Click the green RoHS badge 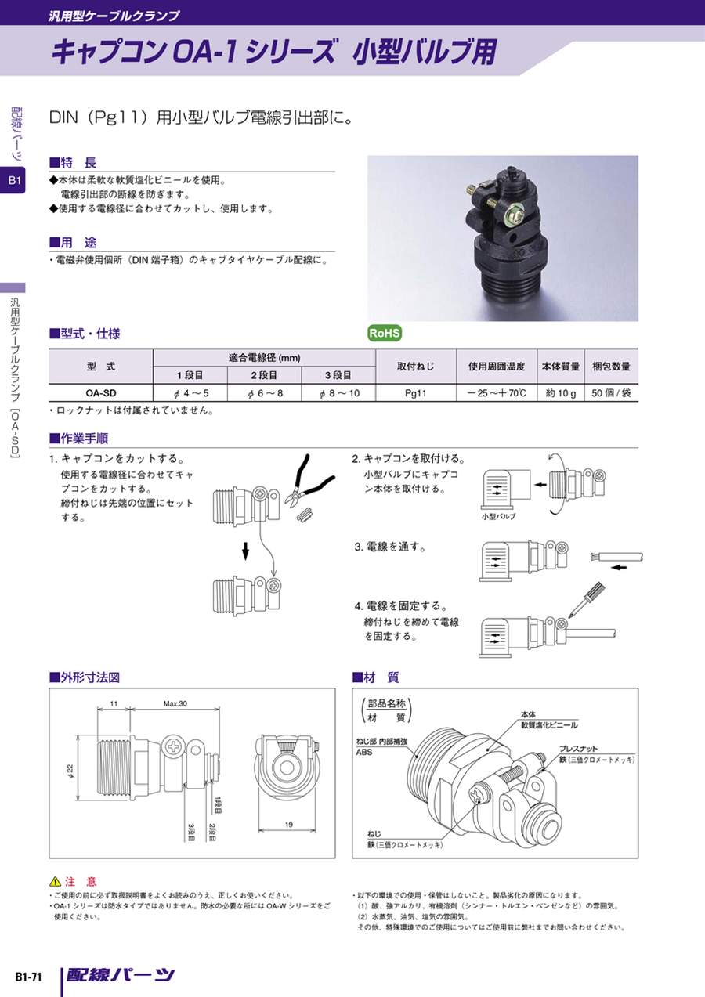click(x=385, y=333)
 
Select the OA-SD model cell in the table click(x=101, y=393)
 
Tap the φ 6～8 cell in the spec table click(x=265, y=393)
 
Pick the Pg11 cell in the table click(x=416, y=393)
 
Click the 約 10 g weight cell click(x=560, y=393)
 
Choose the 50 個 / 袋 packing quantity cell click(x=611, y=393)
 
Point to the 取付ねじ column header click(x=416, y=367)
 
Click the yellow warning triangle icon click(x=55, y=881)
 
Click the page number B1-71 click(x=28, y=977)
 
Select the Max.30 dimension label click(x=175, y=703)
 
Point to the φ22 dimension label click(x=70, y=771)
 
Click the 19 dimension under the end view click(x=288, y=824)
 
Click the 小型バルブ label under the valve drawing click(x=498, y=517)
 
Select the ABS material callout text click(x=364, y=752)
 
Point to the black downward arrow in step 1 click(x=244, y=551)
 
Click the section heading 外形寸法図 click(x=85, y=678)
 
